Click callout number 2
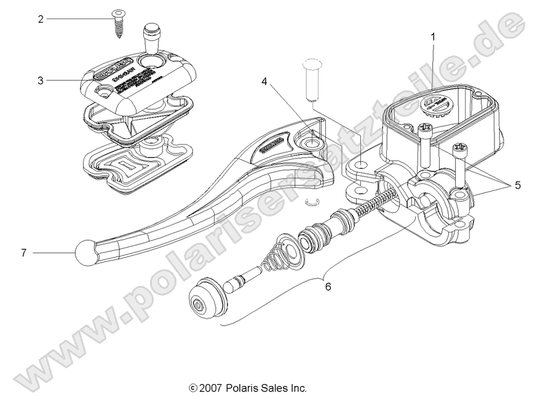tap(41, 19)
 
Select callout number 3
tap(41, 80)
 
